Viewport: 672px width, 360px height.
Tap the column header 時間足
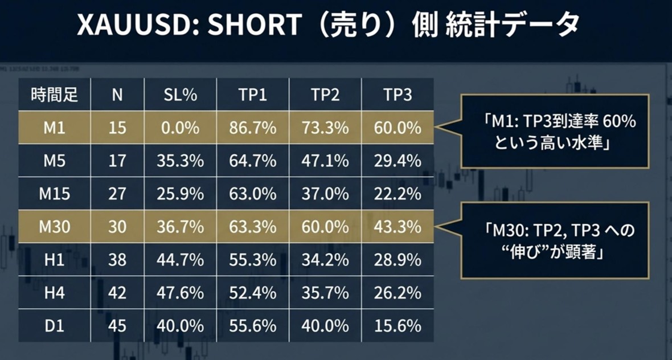(x=54, y=95)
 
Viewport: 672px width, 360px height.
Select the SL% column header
(x=180, y=95)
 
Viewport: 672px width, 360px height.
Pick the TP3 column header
(x=398, y=95)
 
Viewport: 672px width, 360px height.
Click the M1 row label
(x=54, y=128)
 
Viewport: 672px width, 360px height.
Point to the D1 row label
(x=54, y=326)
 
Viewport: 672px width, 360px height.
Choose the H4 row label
(x=54, y=293)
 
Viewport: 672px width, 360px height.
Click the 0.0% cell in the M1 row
(x=180, y=128)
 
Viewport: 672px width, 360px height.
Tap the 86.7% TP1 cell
(x=253, y=128)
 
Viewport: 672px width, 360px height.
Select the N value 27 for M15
(x=117, y=194)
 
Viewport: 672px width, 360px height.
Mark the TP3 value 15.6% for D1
(x=398, y=326)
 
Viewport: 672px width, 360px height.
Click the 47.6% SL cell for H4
(x=180, y=293)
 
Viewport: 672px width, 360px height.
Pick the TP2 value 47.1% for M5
(x=325, y=161)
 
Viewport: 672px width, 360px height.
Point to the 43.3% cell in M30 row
(x=398, y=227)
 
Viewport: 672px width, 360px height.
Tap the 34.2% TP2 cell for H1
(x=325, y=260)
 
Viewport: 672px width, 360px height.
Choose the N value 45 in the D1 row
(x=117, y=326)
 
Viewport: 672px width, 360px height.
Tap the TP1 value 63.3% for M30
(x=253, y=227)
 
